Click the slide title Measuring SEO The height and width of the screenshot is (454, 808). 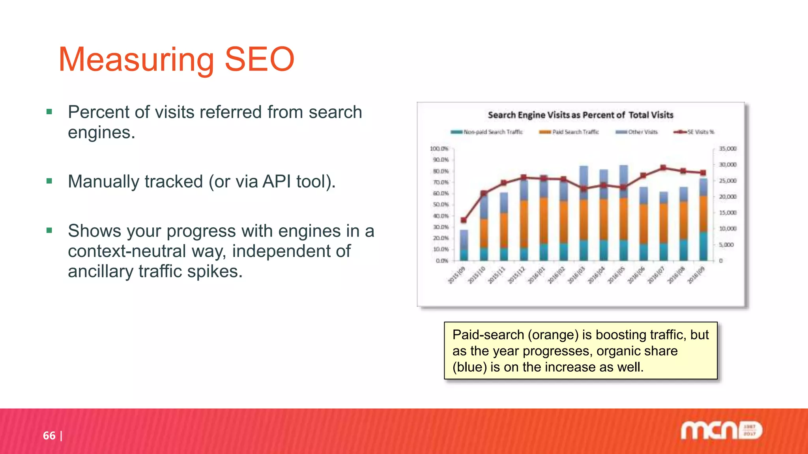pyautogui.click(x=176, y=60)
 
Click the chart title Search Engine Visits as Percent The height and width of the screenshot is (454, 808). pyautogui.click(x=580, y=115)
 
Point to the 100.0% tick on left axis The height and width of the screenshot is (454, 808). pyautogui.click(x=439, y=149)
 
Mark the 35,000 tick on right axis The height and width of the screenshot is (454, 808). pyautogui.click(x=728, y=149)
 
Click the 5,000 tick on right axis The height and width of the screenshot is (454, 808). pyautogui.click(x=726, y=245)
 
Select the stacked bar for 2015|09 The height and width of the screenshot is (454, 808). pyautogui.click(x=464, y=245)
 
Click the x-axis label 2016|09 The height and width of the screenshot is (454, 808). pyautogui.click(x=696, y=275)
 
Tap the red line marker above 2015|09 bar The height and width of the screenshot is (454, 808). pyautogui.click(x=464, y=220)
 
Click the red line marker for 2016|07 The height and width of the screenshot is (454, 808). pyautogui.click(x=663, y=168)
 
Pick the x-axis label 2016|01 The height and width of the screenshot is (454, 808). pyautogui.click(x=536, y=275)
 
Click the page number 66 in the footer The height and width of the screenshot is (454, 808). pyautogui.click(x=49, y=435)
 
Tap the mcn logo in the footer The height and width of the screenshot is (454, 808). pyautogui.click(x=721, y=430)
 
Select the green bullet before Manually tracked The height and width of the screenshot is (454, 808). pyautogui.click(x=49, y=181)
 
